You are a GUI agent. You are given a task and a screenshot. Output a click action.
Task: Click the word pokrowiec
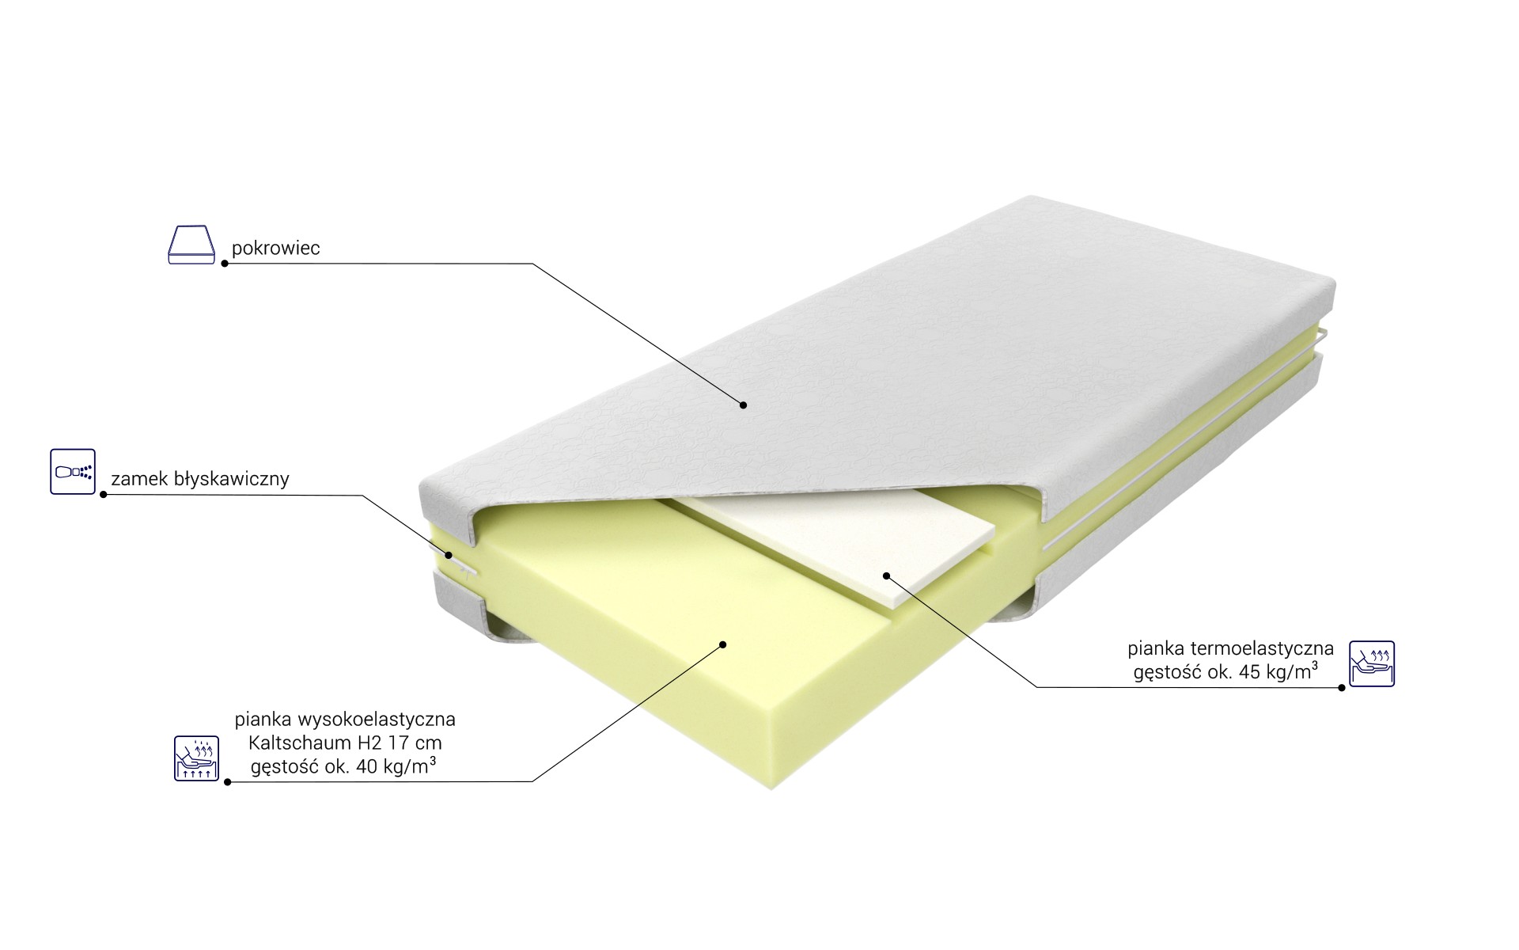[275, 248]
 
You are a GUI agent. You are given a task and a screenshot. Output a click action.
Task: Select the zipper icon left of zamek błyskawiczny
[73, 472]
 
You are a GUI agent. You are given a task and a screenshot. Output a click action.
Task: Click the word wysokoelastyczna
[376, 720]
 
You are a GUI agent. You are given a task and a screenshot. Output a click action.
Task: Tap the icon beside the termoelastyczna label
[1372, 663]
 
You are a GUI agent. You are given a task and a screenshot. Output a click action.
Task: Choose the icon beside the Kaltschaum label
[196, 758]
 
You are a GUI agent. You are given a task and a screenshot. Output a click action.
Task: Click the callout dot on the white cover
[744, 405]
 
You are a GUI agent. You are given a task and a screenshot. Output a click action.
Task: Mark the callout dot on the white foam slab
[886, 575]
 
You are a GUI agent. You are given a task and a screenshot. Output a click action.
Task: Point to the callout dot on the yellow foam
[722, 644]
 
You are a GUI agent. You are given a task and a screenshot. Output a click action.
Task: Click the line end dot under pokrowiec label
[225, 263]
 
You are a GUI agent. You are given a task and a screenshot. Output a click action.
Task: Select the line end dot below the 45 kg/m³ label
[1342, 687]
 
